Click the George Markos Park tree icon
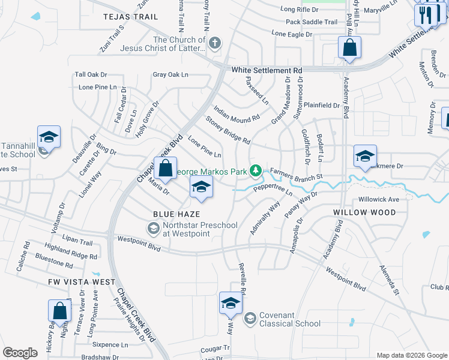[x=256, y=172]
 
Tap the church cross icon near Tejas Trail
[x=215, y=43]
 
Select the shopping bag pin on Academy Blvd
[x=349, y=48]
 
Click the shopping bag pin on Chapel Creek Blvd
[x=165, y=168]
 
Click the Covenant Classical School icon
[x=250, y=317]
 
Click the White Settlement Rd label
[x=267, y=70]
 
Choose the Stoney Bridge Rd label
[x=228, y=130]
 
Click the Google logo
[x=20, y=353]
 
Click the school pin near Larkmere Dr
[x=365, y=156]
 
